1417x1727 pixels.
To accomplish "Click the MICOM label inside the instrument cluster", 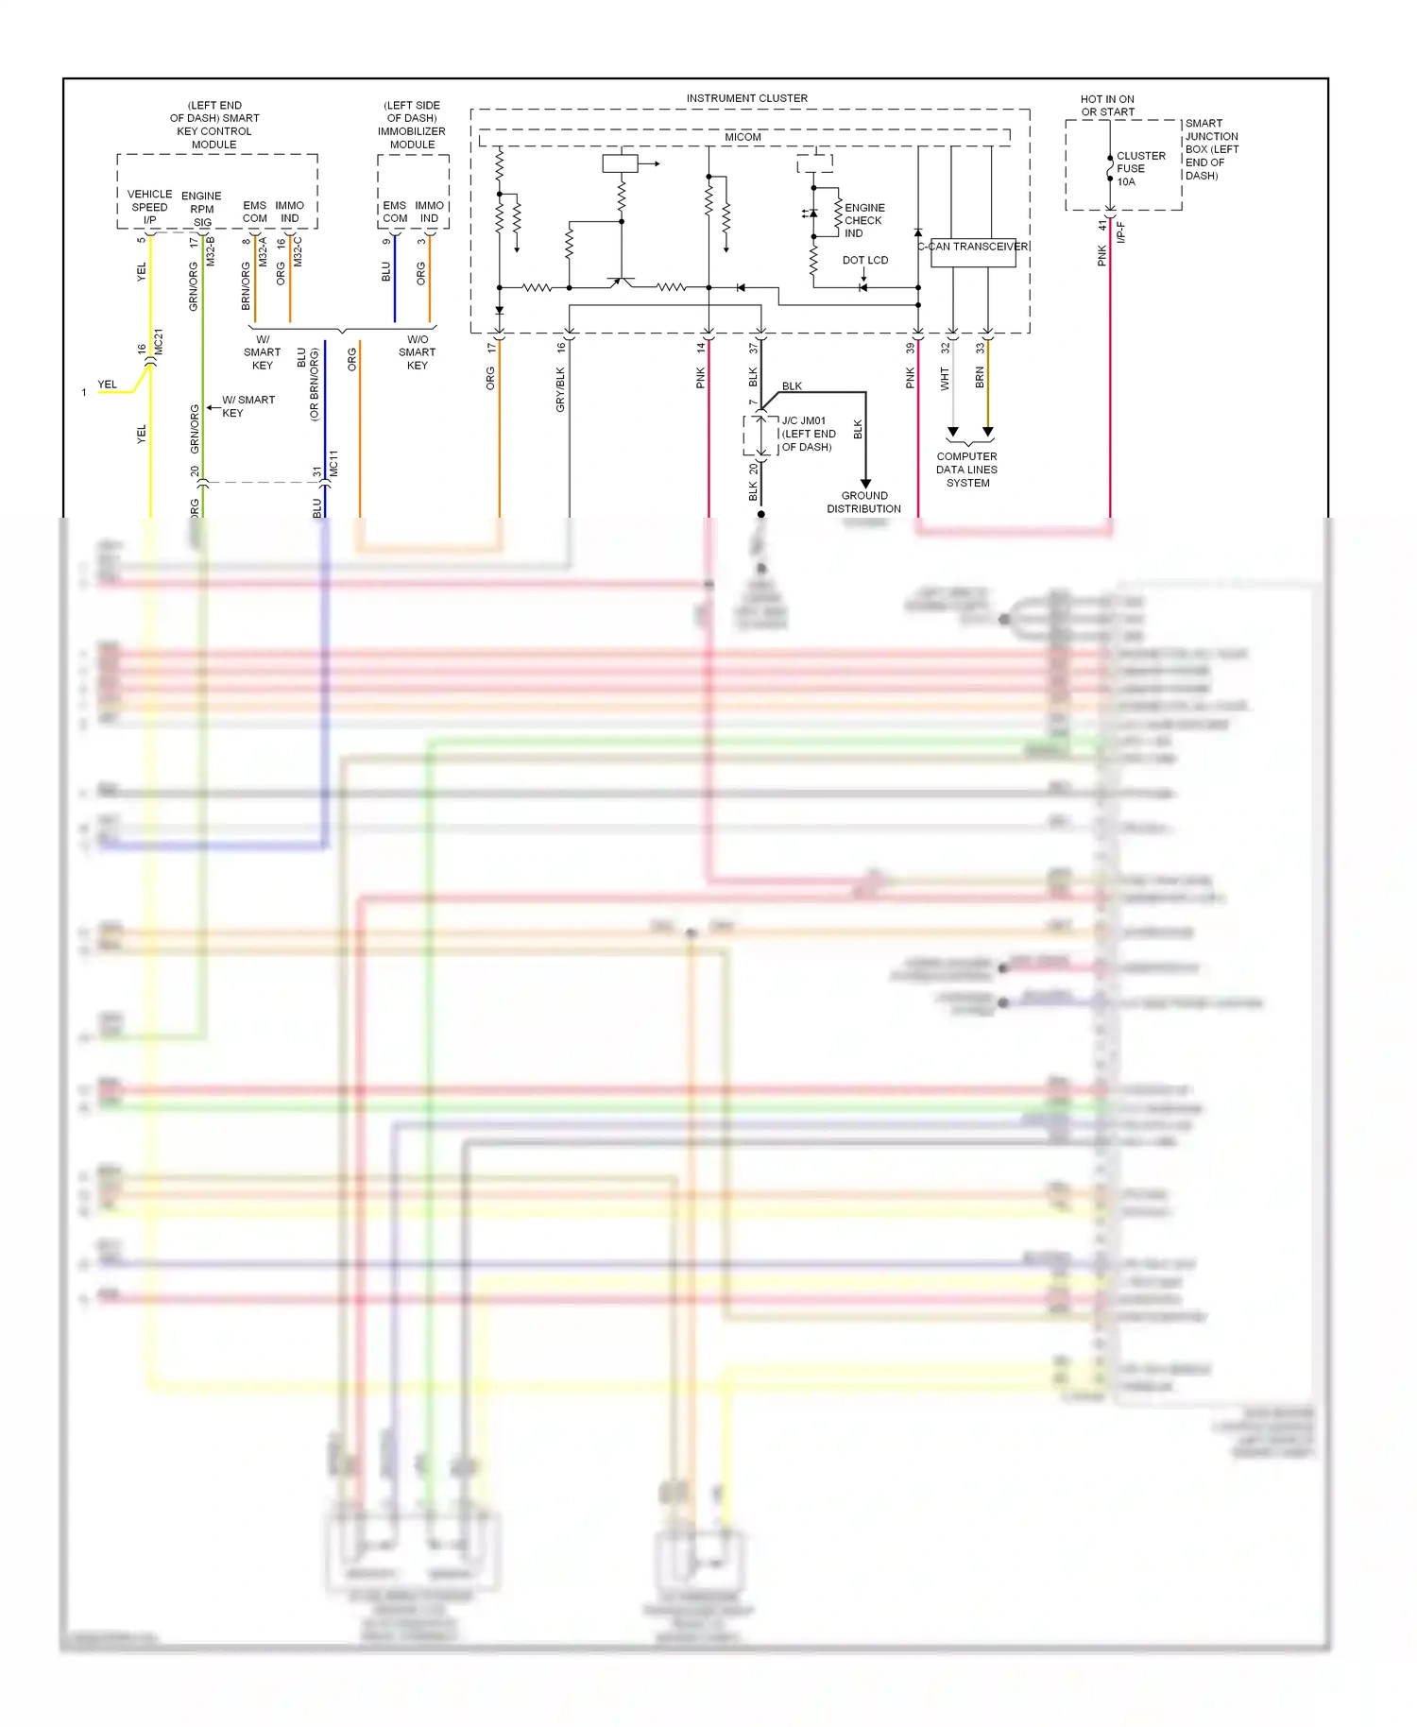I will pyautogui.click(x=743, y=137).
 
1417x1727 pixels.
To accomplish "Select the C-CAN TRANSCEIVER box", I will pyautogui.click(x=973, y=252).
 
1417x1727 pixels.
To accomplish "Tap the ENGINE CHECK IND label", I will pyautogui.click(x=864, y=220).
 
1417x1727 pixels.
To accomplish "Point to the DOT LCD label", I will pyautogui.click(x=865, y=260).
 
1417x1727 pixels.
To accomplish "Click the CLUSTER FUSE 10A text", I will pyautogui.click(x=1140, y=168).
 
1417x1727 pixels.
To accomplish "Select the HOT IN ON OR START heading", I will pyautogui.click(x=1107, y=105).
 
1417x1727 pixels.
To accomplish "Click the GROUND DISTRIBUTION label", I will pyautogui.click(x=863, y=502).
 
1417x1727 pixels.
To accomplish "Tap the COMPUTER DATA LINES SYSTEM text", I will pyautogui.click(x=967, y=470).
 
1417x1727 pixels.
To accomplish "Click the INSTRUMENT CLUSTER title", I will pyautogui.click(x=746, y=98).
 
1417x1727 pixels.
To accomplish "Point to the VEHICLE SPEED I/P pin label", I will pyautogui.click(x=149, y=207).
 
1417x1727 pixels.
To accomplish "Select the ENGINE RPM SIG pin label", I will pyautogui.click(x=201, y=209).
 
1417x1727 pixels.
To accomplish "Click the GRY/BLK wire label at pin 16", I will pyautogui.click(x=560, y=389).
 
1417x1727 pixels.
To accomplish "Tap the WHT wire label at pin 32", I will pyautogui.click(x=945, y=379).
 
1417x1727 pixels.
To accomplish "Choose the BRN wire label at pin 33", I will pyautogui.click(x=980, y=378).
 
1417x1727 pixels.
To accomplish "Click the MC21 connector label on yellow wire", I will pyautogui.click(x=159, y=341).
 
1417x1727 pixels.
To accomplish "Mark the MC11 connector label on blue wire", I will pyautogui.click(x=333, y=463).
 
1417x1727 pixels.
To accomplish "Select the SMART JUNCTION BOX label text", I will pyautogui.click(x=1212, y=149).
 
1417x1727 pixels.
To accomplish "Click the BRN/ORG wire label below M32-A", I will pyautogui.click(x=246, y=287).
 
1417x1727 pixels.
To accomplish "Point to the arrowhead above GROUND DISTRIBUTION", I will pyautogui.click(x=865, y=483).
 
